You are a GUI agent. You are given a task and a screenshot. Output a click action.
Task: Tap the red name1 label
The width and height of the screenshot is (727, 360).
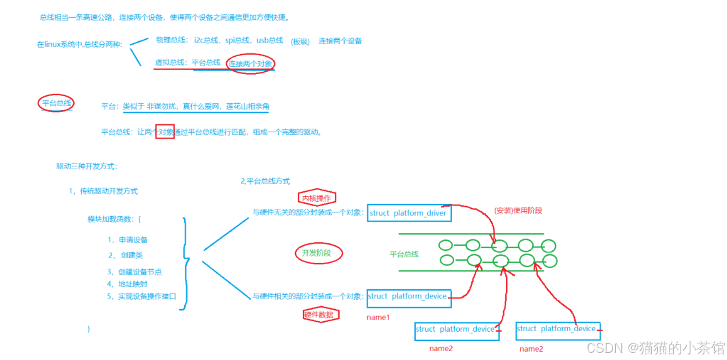click(378, 317)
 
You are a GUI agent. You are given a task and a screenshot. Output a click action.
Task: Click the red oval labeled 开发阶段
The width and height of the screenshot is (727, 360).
click(319, 253)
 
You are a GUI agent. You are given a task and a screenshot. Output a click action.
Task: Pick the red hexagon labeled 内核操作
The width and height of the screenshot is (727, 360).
click(316, 197)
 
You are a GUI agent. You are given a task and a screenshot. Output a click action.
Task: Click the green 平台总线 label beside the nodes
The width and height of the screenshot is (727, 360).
click(404, 254)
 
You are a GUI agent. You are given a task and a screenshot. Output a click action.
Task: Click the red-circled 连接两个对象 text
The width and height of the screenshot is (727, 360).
click(251, 64)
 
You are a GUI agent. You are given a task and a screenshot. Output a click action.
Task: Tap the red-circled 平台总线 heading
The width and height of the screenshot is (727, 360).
click(56, 103)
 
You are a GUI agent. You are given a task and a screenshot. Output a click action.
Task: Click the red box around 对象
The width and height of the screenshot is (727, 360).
click(165, 132)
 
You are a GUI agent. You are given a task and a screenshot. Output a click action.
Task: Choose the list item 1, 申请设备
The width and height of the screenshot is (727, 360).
click(128, 240)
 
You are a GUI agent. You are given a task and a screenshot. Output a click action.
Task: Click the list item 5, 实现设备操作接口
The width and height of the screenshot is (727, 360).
click(141, 296)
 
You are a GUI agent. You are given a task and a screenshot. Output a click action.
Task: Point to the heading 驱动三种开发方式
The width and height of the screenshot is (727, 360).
click(86, 166)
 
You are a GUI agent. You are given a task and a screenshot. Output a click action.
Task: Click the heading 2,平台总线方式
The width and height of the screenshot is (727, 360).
click(265, 181)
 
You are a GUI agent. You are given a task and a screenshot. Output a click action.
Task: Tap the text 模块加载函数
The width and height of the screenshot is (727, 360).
click(114, 219)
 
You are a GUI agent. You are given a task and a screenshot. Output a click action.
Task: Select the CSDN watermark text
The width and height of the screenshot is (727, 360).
click(655, 348)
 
